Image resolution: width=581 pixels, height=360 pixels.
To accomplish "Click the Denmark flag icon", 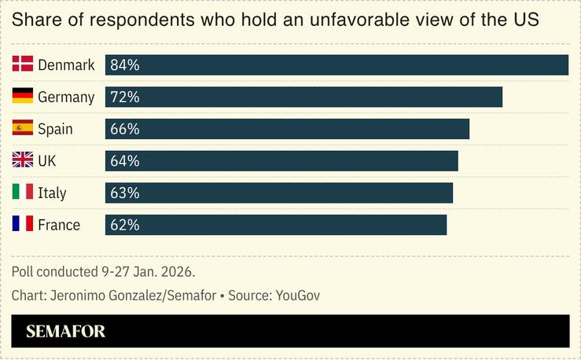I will [22, 64].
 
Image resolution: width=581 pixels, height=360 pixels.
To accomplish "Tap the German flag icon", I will [22, 97].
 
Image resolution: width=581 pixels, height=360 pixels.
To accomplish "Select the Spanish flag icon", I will [22, 128].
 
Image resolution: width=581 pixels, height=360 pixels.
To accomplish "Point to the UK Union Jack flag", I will [22, 160].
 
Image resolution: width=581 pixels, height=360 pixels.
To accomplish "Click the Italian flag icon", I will [22, 193].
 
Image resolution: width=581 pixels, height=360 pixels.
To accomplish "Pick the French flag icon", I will [22, 225].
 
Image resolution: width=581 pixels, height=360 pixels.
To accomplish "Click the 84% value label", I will [124, 65].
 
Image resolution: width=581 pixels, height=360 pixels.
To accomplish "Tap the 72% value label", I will [124, 97].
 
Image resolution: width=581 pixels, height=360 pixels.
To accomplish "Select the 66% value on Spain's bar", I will [124, 129].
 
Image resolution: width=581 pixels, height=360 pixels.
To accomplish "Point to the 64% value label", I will [124, 161].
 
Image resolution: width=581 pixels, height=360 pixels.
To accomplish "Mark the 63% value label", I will [124, 193].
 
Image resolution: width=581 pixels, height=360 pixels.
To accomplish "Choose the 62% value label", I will [124, 225].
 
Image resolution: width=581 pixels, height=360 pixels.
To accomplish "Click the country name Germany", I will [66, 97].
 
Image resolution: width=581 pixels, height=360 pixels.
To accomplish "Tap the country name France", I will [59, 226].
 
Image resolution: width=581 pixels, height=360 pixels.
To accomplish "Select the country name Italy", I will [52, 193].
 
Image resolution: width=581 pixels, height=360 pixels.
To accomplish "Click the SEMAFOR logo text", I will [65, 332].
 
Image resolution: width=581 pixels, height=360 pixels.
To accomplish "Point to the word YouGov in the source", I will [298, 296].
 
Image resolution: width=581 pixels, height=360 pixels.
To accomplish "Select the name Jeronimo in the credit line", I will [80, 296].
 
